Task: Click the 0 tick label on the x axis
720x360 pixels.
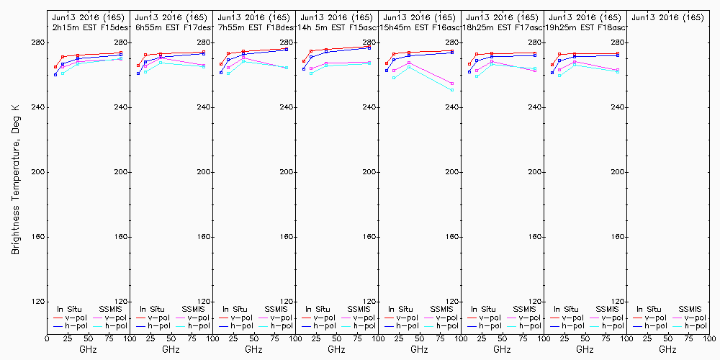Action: point(47,337)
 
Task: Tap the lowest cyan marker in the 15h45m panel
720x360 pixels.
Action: point(452,90)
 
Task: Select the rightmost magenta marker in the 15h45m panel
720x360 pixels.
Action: point(452,84)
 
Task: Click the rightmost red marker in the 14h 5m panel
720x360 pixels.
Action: point(369,47)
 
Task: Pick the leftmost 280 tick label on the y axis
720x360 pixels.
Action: point(38,42)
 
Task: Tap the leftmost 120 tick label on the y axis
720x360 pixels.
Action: point(38,302)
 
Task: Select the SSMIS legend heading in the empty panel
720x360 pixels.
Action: point(690,309)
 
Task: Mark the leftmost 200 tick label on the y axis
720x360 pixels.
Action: point(38,172)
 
